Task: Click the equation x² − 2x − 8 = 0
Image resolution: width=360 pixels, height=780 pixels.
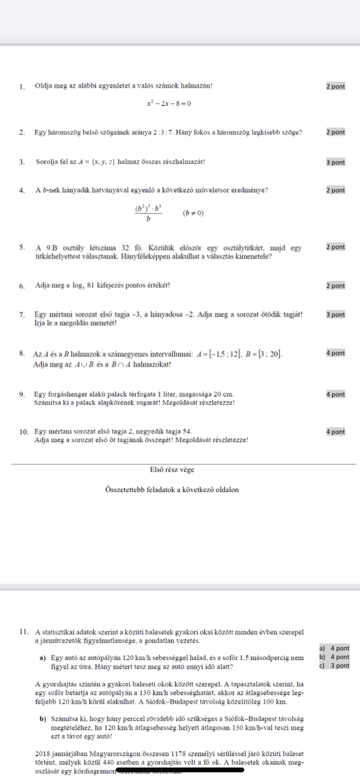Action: point(168,104)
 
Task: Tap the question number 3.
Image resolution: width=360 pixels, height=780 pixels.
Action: point(22,162)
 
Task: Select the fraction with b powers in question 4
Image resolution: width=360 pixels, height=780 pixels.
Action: point(148,213)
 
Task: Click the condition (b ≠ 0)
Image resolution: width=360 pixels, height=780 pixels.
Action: point(193,213)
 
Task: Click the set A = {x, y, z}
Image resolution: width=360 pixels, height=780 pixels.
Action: point(95,162)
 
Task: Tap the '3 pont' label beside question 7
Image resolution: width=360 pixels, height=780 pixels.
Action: point(335,315)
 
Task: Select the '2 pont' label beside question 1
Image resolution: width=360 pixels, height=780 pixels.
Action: point(335,86)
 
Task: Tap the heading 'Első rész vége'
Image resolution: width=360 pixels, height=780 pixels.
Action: point(172,470)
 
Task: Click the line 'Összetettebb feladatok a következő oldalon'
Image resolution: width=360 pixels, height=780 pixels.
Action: point(172,490)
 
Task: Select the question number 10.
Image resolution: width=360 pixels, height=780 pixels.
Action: point(24,432)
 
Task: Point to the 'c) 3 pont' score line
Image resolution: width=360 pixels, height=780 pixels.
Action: point(334,666)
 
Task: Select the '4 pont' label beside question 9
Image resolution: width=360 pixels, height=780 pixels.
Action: point(335,394)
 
